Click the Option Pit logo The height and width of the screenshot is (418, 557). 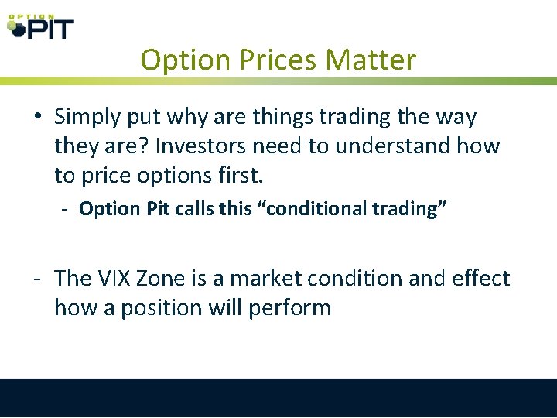[40, 26]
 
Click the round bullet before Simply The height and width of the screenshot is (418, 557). [38, 118]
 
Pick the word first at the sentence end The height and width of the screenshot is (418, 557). [242, 175]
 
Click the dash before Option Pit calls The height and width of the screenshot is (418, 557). [67, 209]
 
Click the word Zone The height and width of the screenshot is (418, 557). [170, 278]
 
